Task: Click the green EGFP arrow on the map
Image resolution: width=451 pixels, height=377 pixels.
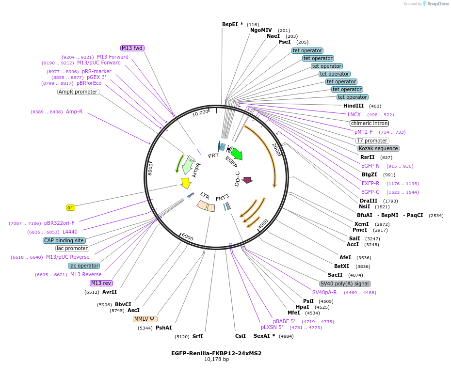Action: click(237, 154)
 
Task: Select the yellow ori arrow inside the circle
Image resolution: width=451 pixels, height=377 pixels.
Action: click(186, 183)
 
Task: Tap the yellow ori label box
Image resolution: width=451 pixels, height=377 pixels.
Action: click(70, 207)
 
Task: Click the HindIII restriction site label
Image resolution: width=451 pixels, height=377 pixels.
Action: click(354, 106)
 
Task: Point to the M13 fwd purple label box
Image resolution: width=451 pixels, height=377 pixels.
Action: click(132, 48)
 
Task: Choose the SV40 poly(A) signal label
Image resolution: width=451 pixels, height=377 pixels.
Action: click(345, 283)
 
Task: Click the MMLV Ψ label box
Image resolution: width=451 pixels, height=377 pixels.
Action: click(145, 319)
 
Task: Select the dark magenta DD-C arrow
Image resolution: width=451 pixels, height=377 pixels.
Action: click(247, 180)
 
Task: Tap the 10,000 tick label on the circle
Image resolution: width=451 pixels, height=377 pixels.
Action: click(200, 113)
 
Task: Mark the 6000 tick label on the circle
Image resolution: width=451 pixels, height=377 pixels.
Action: click(188, 237)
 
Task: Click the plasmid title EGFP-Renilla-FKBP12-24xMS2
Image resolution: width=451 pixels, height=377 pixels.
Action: click(216, 353)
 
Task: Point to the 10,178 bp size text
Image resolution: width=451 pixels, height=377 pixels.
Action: click(217, 359)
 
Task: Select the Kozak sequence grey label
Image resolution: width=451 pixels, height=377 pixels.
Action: click(378, 149)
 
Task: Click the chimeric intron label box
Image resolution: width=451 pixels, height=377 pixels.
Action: click(370, 123)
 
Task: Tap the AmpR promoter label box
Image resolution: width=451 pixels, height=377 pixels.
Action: click(78, 92)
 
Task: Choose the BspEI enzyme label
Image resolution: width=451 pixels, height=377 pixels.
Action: click(230, 24)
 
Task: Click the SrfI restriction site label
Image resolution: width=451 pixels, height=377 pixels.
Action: click(197, 336)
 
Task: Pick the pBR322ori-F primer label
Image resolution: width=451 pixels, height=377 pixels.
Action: click(59, 223)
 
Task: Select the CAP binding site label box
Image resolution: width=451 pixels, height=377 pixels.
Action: click(64, 240)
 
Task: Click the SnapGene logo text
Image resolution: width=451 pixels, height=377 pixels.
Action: click(438, 4)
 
